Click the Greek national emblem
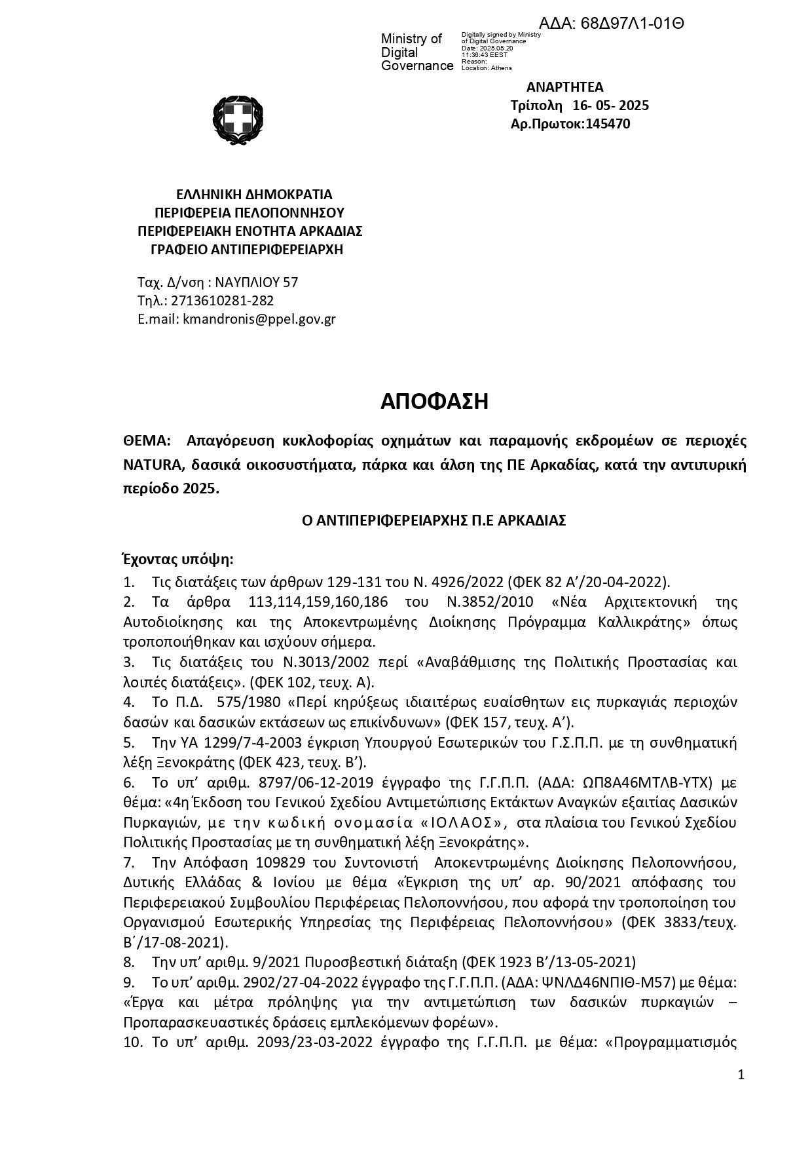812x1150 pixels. click(237, 120)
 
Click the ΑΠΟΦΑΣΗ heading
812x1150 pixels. click(434, 401)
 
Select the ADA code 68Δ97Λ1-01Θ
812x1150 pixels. click(632, 24)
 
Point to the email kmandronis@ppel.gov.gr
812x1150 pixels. click(259, 320)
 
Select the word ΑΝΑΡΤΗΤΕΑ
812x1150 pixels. click(564, 87)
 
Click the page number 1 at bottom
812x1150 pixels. click(741, 1075)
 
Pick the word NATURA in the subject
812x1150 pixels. click(151, 465)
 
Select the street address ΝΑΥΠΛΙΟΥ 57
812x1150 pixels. click(257, 282)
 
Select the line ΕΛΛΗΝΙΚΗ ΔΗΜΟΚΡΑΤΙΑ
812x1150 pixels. click(255, 195)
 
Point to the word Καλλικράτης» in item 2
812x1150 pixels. click(645, 622)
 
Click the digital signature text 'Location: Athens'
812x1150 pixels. click(487, 68)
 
